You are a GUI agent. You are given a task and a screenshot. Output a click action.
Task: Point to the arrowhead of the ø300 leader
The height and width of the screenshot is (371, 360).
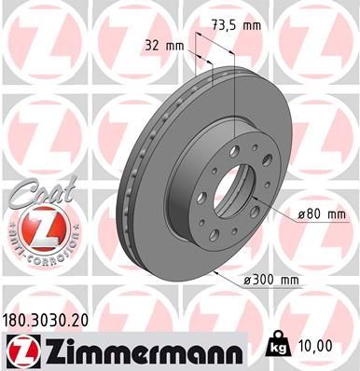pos(215,270)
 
